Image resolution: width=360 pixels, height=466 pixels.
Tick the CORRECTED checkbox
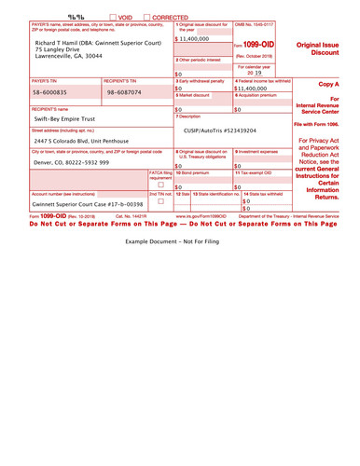pyautogui.click(x=146, y=17)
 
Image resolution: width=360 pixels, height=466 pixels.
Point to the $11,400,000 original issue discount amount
pyautogui.click(x=192, y=39)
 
